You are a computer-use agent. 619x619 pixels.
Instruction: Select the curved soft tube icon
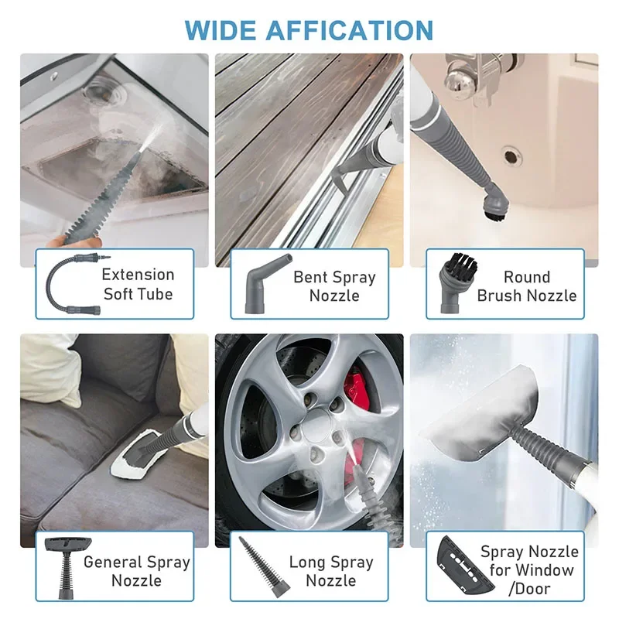(x=74, y=284)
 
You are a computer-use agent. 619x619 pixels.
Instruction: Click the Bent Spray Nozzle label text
(x=334, y=286)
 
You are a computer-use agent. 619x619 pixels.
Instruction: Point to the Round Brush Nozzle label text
(x=526, y=286)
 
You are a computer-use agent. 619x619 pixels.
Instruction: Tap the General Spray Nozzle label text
(x=136, y=571)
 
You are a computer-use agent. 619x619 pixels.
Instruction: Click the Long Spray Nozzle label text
(x=331, y=571)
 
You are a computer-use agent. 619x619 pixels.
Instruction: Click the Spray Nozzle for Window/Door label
(x=529, y=570)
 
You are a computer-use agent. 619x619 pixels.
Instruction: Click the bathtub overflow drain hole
(x=512, y=156)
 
